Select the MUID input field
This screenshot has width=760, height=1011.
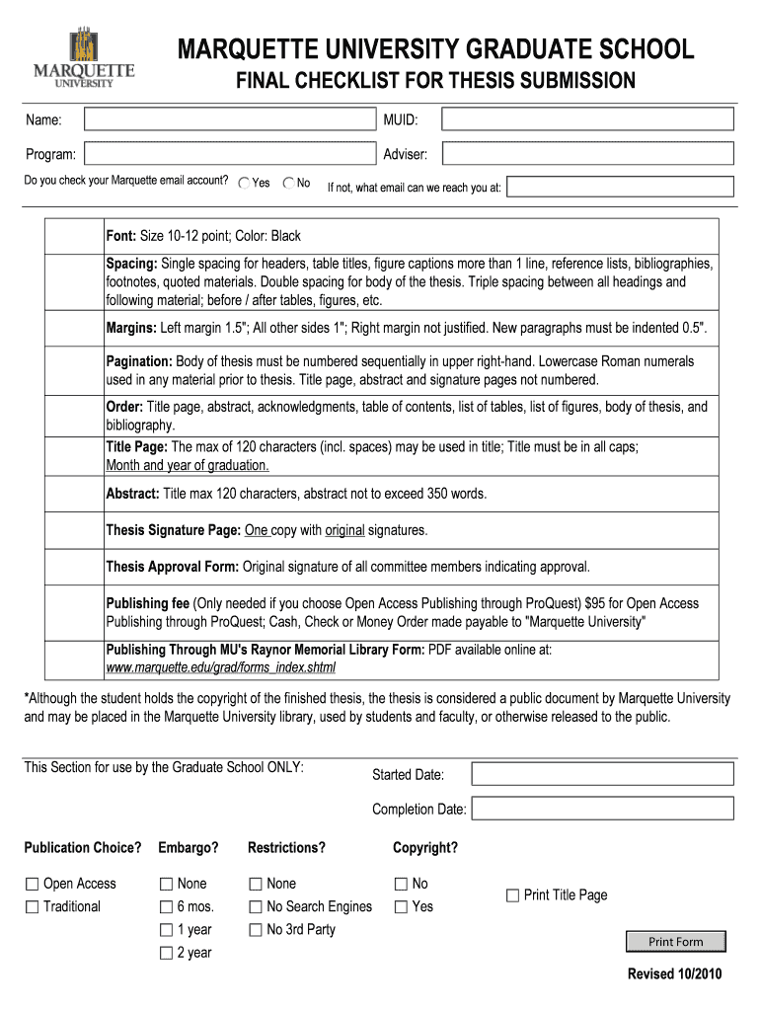[x=587, y=119]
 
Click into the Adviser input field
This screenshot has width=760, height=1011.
[x=587, y=154]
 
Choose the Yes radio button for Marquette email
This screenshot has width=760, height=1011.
[x=244, y=183]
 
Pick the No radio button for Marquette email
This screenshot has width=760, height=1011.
[x=288, y=183]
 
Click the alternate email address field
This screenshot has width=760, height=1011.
[x=621, y=187]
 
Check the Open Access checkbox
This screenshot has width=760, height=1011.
[x=33, y=885]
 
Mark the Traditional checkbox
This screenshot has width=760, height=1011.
[x=33, y=907]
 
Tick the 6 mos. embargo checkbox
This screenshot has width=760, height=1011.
[x=166, y=907]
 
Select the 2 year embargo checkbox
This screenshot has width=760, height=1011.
[x=166, y=954]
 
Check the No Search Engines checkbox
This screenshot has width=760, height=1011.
[x=256, y=907]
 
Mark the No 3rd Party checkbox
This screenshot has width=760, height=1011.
[x=256, y=930]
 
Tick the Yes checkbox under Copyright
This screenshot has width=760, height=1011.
[x=401, y=907]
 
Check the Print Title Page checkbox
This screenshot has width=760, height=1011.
[x=512, y=895]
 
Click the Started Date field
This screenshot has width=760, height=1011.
[x=602, y=774]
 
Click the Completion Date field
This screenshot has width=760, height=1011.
[x=602, y=809]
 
